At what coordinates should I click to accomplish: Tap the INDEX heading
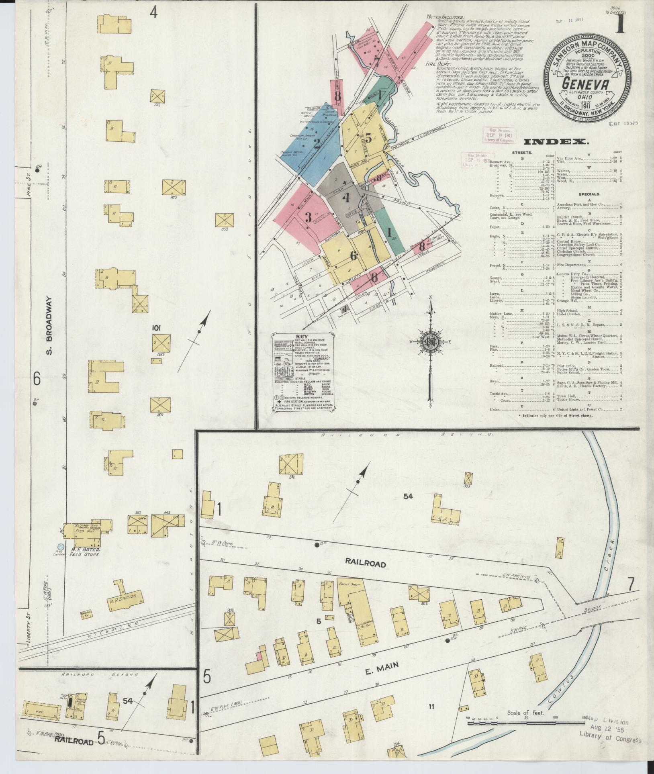coord(556,142)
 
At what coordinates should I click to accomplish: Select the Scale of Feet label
coord(525,713)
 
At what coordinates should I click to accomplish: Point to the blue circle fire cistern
coord(61,547)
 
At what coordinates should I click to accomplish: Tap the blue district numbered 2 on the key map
coord(317,144)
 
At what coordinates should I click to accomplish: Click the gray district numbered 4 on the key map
coord(346,198)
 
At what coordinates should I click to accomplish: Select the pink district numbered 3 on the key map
coord(308,217)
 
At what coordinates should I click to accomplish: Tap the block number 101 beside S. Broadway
coord(156,328)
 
